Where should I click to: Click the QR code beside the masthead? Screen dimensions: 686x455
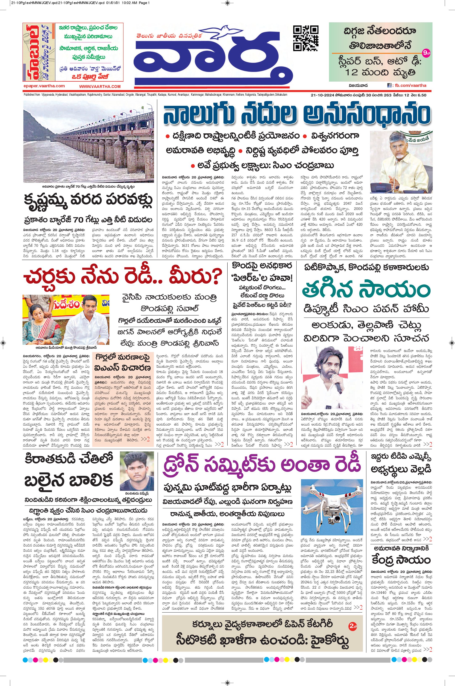click(306, 38)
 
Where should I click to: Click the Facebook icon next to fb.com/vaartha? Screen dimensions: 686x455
click(389, 86)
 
